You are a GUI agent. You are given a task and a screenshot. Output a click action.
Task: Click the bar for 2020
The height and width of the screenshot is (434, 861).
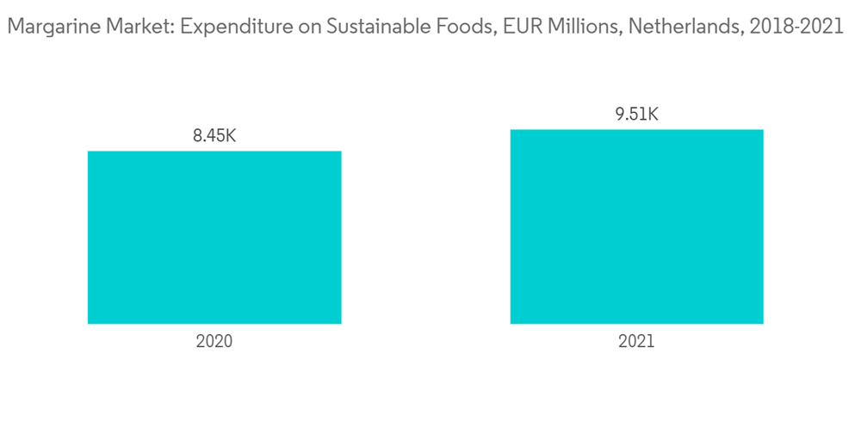point(214,238)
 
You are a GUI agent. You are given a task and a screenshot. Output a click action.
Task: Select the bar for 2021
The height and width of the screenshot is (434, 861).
point(636,226)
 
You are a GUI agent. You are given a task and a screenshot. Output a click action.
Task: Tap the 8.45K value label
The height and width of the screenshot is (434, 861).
point(214,135)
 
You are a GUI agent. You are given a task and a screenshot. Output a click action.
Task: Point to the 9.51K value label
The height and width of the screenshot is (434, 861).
point(636,114)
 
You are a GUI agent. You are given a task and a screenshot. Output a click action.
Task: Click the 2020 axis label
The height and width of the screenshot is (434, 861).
point(214,342)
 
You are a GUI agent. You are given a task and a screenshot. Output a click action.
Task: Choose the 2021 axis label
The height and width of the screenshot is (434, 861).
point(636,342)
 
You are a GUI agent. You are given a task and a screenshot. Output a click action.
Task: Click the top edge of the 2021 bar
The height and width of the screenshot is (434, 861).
point(636,131)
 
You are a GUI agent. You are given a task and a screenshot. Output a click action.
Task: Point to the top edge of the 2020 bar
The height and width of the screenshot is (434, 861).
point(214,152)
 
